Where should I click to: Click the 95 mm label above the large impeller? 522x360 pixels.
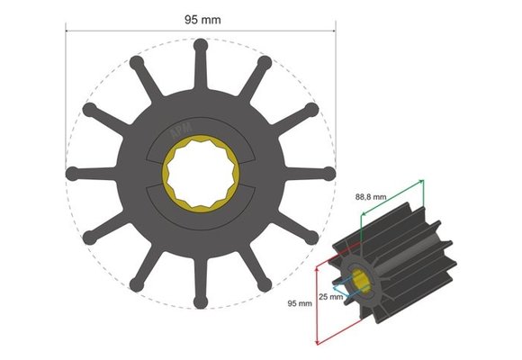[x=197, y=17]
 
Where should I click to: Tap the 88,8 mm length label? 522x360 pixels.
[x=369, y=195]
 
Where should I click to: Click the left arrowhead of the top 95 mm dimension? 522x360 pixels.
[x=68, y=29]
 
